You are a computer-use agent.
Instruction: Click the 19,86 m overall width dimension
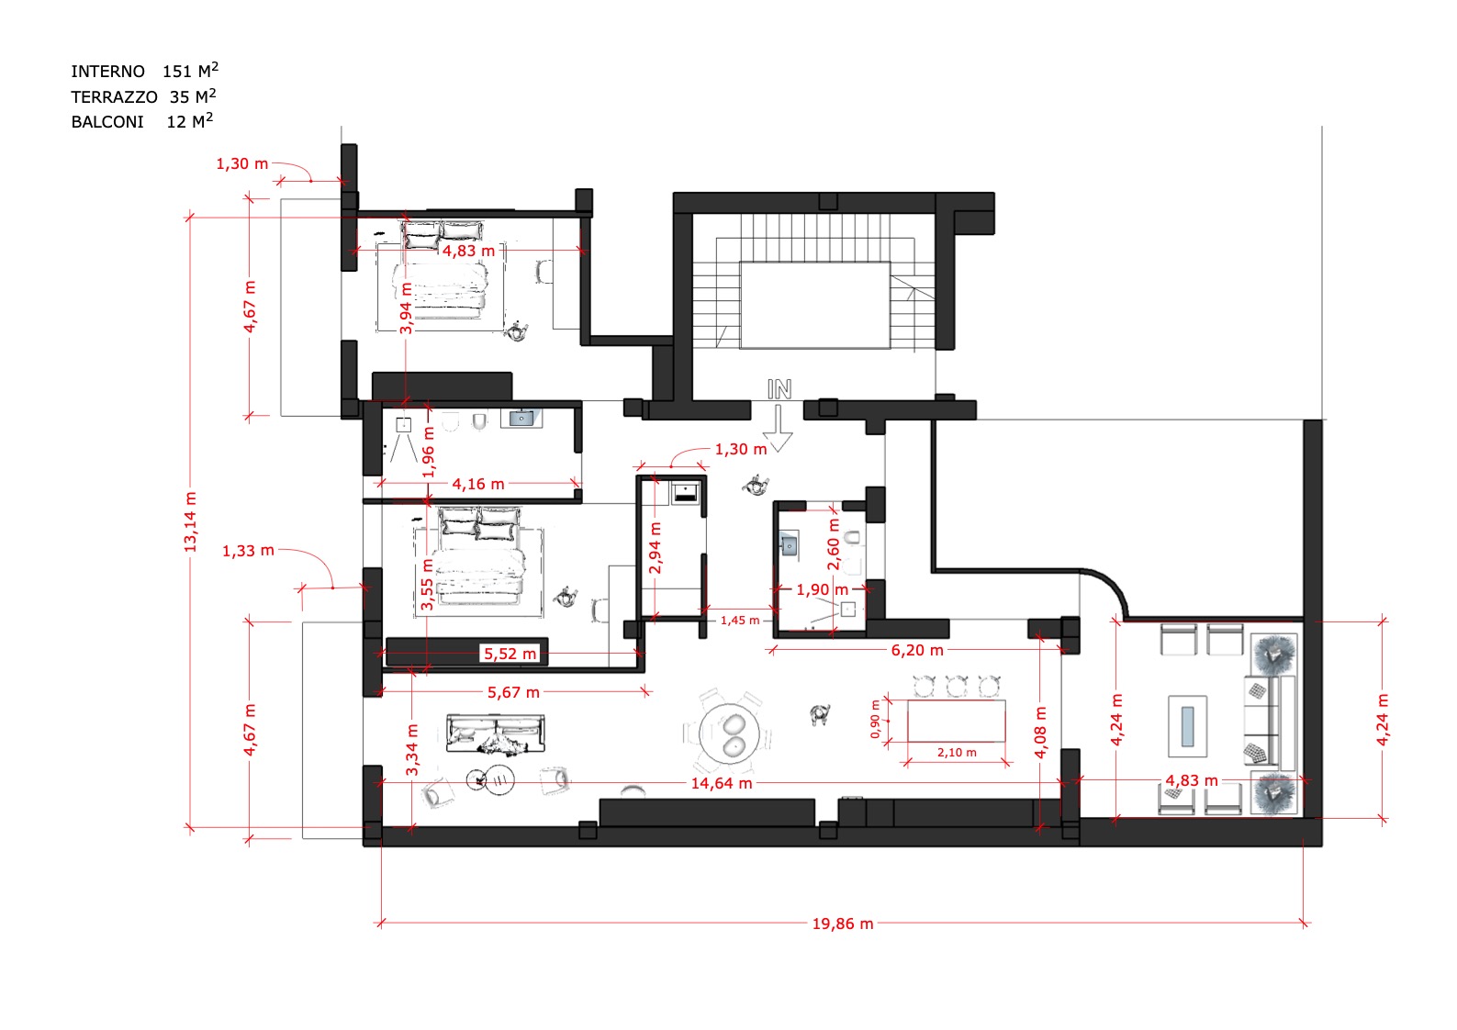[x=842, y=924]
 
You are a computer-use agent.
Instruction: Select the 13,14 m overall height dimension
[x=190, y=522]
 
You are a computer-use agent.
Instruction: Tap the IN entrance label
[x=779, y=389]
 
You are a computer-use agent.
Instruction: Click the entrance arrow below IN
[x=778, y=429]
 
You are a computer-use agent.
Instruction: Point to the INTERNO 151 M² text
[x=144, y=70]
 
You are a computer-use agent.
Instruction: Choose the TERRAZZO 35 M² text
[x=143, y=96]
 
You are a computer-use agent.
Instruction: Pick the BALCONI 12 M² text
[x=141, y=121]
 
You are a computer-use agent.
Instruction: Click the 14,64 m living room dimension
[x=722, y=783]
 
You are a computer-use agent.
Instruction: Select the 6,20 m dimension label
[x=917, y=650]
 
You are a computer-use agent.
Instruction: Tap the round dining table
[x=729, y=733]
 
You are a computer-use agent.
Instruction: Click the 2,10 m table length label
[x=957, y=753]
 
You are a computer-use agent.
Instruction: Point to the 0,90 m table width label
[x=875, y=719]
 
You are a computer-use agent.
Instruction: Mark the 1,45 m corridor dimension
[x=740, y=621]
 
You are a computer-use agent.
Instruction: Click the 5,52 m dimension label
[x=510, y=654]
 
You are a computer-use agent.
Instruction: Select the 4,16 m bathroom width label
[x=478, y=484]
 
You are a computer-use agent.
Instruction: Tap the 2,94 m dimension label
[x=655, y=547]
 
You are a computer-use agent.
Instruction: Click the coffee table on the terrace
[x=1188, y=725]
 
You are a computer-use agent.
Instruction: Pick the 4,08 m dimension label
[x=1041, y=733]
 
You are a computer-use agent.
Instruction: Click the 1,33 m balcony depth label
[x=248, y=551]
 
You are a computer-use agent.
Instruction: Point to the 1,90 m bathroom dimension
[x=823, y=589]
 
